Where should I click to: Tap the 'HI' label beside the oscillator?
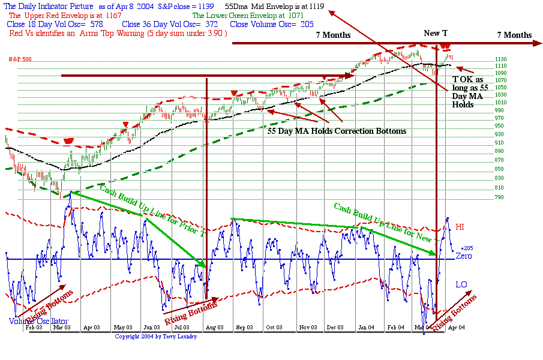(460, 227)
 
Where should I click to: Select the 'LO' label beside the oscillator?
(461, 284)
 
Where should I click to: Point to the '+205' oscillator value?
(467, 248)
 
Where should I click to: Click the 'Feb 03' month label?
(34, 328)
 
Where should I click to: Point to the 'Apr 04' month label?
(458, 328)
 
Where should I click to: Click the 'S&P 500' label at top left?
(20, 59)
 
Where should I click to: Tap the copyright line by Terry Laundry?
(155, 336)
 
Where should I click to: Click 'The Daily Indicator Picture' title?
(48, 6)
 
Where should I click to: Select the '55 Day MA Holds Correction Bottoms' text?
(337, 131)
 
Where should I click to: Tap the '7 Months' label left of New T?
(333, 35)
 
